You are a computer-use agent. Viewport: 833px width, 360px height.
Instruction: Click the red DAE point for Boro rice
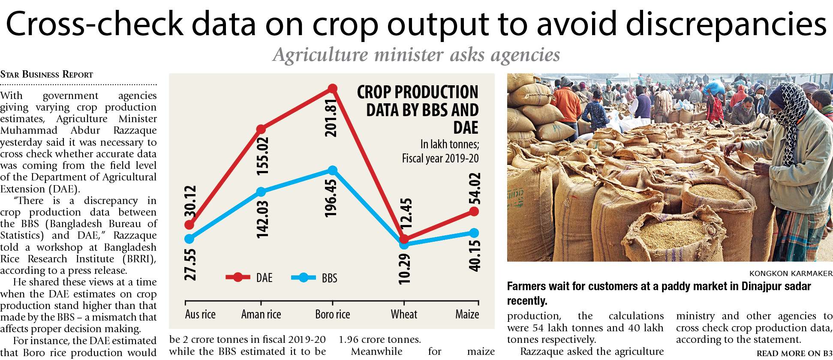[x=332, y=89]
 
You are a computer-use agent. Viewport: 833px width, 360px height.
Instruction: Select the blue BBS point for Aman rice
[x=261, y=192]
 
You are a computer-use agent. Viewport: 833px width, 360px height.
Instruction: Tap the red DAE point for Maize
[x=474, y=211]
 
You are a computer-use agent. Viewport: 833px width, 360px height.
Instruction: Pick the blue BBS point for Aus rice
[x=189, y=239]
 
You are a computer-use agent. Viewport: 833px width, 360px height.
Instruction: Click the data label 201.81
[x=331, y=118]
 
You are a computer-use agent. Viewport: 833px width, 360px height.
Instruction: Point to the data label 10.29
[x=404, y=269]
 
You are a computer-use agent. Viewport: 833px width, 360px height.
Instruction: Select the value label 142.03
[x=262, y=219]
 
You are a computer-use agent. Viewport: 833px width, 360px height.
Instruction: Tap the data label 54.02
[x=475, y=189]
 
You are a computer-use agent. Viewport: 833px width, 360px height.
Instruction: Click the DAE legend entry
[x=250, y=278]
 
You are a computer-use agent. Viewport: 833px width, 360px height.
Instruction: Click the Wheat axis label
[x=404, y=315]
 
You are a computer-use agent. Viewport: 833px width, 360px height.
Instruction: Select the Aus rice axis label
[x=200, y=315]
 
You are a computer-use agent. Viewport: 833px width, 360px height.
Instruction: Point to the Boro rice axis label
[x=332, y=315]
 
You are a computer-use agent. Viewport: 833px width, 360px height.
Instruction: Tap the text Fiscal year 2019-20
[x=440, y=159]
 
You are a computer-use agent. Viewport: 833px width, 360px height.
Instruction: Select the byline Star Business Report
[x=47, y=75]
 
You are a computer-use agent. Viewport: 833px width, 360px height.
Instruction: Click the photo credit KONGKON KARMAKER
[x=791, y=273]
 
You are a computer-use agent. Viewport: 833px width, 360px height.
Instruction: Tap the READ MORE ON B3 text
[x=794, y=354]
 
